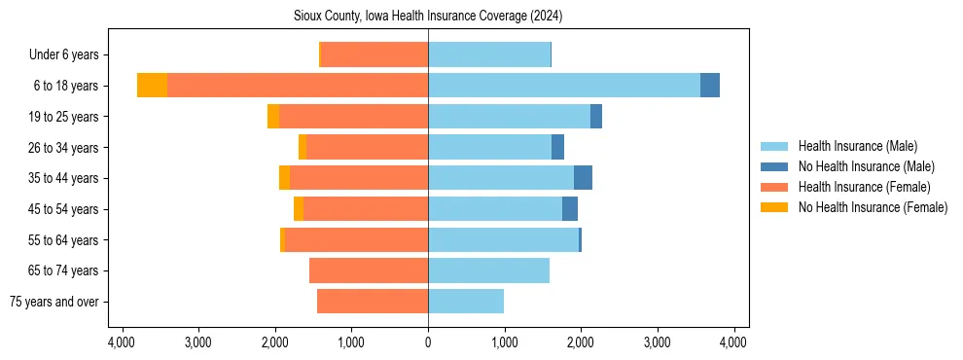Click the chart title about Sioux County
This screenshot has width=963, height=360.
pos(428,17)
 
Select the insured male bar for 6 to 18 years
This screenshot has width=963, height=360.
pos(563,86)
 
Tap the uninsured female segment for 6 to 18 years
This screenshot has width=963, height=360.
pos(152,86)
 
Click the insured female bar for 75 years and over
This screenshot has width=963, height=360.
pos(373,302)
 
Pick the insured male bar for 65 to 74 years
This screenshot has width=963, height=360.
pos(488,270)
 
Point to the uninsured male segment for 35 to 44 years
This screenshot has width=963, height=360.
pos(583,178)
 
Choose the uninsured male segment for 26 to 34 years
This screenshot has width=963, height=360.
pos(557,147)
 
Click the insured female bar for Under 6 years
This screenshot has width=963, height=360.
pos(374,54)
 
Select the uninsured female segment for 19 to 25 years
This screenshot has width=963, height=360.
pos(273,117)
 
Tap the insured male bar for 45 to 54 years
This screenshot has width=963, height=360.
pos(495,209)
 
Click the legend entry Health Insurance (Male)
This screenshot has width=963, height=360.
pos(857,147)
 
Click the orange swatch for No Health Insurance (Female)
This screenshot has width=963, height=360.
pos(775,207)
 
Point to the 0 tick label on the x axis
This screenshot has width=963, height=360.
pos(428,342)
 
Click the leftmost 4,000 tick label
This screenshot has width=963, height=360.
pos(122,342)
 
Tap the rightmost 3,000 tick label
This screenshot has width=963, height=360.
pos(657,342)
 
